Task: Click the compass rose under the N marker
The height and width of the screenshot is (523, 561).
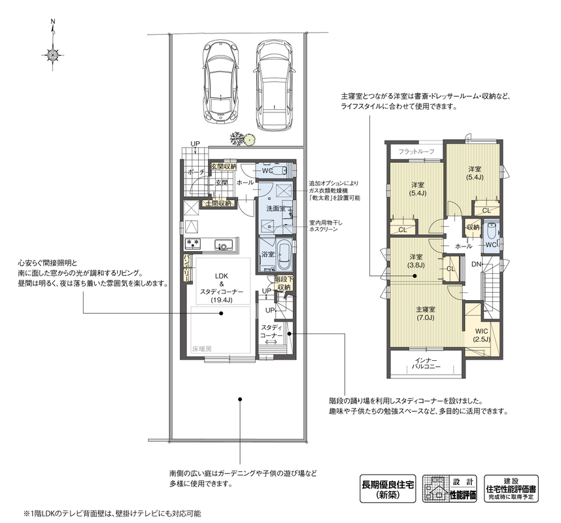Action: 53,55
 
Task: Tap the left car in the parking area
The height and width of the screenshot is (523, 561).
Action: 220,82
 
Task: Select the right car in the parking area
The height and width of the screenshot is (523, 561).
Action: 275,85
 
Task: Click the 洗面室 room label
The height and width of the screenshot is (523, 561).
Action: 276,209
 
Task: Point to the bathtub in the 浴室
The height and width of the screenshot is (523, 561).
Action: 285,256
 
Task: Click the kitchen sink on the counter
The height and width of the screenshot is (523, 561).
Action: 224,245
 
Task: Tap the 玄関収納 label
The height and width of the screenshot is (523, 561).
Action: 223,166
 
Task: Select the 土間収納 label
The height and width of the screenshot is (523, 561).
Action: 219,203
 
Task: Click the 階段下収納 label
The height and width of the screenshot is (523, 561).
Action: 284,282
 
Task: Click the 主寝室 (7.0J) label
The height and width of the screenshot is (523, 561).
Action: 426,313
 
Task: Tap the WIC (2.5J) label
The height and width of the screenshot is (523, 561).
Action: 482,335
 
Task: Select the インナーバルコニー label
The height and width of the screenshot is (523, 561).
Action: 426,363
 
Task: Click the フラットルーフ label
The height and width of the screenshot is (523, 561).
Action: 416,152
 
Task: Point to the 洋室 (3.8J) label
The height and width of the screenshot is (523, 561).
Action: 416,261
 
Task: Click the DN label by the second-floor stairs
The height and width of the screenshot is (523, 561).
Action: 476,264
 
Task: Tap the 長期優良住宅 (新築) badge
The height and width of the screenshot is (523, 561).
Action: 388,488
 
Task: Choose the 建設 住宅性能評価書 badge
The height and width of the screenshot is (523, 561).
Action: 511,488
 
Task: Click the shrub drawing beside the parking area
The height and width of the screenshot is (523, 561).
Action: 242,139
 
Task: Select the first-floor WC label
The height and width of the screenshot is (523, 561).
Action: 267,171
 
